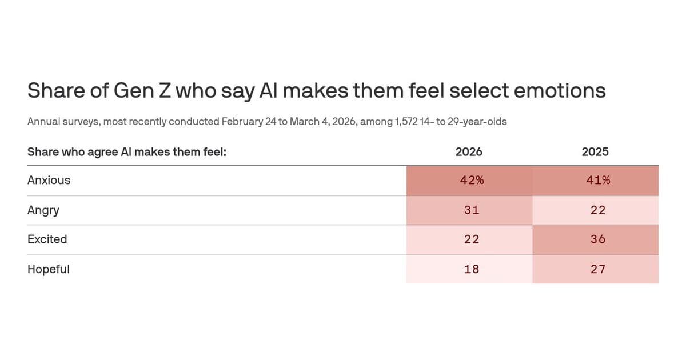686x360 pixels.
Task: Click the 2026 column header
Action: click(469, 152)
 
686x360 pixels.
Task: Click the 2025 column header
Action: click(595, 152)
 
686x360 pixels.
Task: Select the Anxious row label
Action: click(49, 180)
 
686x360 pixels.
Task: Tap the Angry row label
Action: click(43, 210)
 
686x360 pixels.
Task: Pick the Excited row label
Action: click(47, 239)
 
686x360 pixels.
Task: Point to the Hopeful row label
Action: click(49, 269)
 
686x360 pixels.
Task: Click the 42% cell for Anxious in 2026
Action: click(472, 180)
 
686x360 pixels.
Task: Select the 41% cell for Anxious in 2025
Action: click(598, 180)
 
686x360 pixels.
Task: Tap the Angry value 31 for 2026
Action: click(472, 210)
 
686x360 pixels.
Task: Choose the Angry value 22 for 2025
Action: click(598, 210)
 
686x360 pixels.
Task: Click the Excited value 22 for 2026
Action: click(472, 239)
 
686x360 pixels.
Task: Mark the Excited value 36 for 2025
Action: click(598, 239)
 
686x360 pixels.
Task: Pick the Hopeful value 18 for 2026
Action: click(472, 269)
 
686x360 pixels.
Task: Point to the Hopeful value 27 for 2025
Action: click(598, 269)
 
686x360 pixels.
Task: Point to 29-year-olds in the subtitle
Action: click(478, 122)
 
